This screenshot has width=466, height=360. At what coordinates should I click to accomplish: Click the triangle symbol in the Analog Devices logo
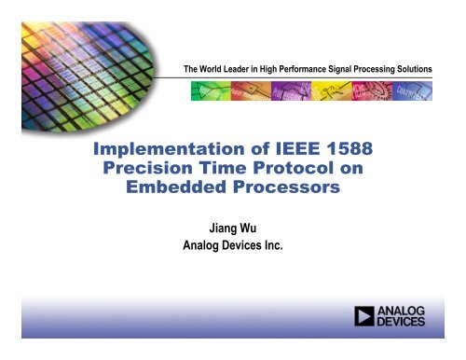(x=366, y=318)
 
